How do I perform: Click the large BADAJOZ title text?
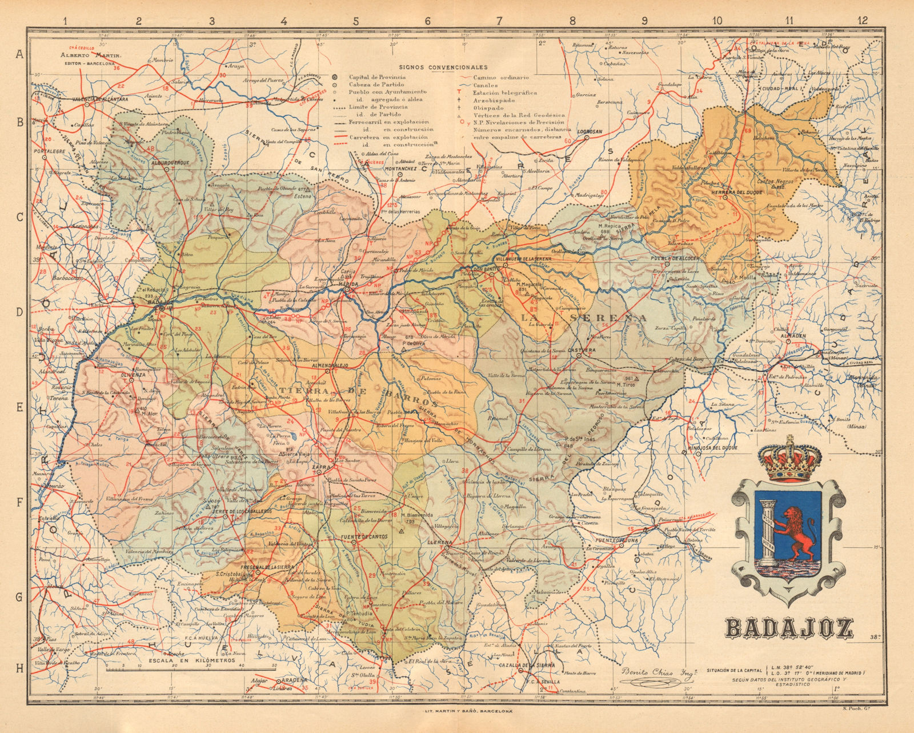pyautogui.click(x=789, y=627)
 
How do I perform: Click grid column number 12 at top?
pyautogui.click(x=862, y=21)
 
